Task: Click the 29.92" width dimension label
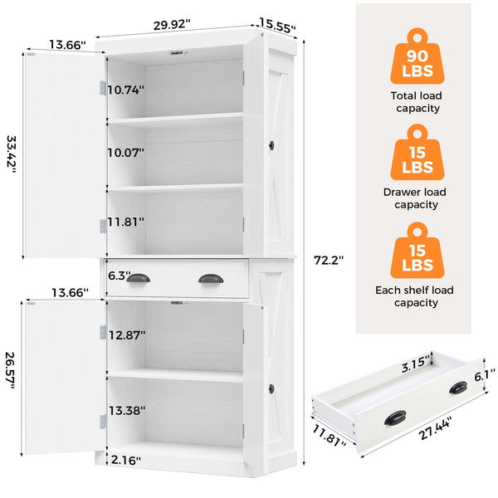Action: pyautogui.click(x=172, y=24)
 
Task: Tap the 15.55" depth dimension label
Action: pyautogui.click(x=278, y=25)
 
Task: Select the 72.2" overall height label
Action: pyautogui.click(x=329, y=260)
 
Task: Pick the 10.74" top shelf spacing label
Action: pyautogui.click(x=125, y=89)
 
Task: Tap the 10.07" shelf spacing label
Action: pyautogui.click(x=125, y=153)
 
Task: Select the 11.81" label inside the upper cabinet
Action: pyautogui.click(x=125, y=222)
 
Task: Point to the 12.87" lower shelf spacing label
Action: pyautogui.click(x=126, y=334)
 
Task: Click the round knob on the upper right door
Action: pyautogui.click(x=271, y=146)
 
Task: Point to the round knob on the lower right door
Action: pyautogui.click(x=271, y=388)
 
